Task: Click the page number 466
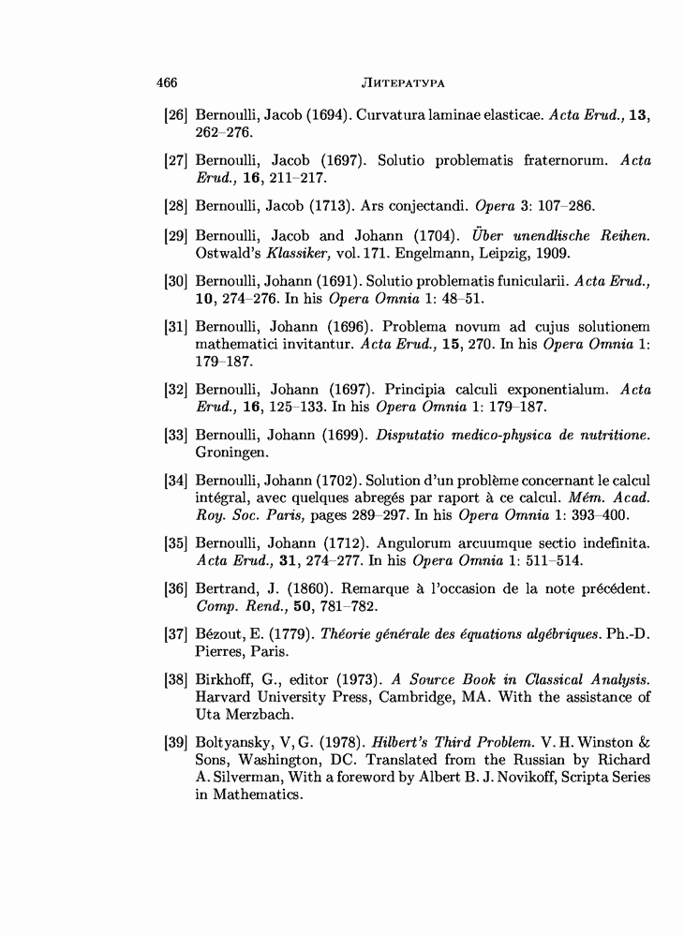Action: coord(167,82)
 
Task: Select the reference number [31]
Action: coord(176,326)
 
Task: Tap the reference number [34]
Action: coord(176,481)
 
